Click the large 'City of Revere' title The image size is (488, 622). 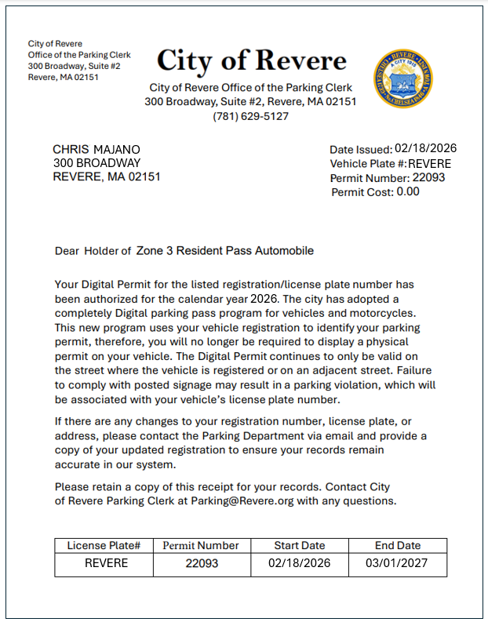pos(251,60)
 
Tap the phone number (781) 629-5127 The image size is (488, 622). pos(251,116)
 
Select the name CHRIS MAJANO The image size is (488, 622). pos(97,149)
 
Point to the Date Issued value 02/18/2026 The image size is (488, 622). pos(425,148)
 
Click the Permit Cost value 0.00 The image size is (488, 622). pos(407,191)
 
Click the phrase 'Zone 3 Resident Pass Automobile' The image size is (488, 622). pos(224,251)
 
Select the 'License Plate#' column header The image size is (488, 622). pos(104,545)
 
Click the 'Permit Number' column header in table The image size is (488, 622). pos(201,545)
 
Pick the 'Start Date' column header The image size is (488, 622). pos(299,545)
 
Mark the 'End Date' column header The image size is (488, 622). pos(397,545)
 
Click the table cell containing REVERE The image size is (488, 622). pos(106,563)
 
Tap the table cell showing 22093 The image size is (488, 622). pos(202,563)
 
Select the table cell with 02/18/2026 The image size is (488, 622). pos(300,563)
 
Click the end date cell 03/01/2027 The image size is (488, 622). pos(398,563)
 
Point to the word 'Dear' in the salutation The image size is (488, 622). pos(67,252)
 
